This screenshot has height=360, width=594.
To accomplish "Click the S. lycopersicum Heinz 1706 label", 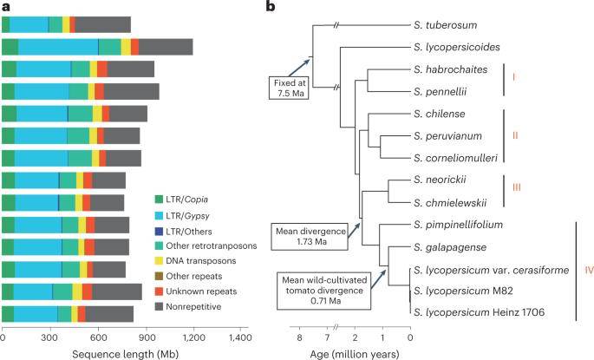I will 476,311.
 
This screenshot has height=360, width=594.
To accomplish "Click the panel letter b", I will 270,8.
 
